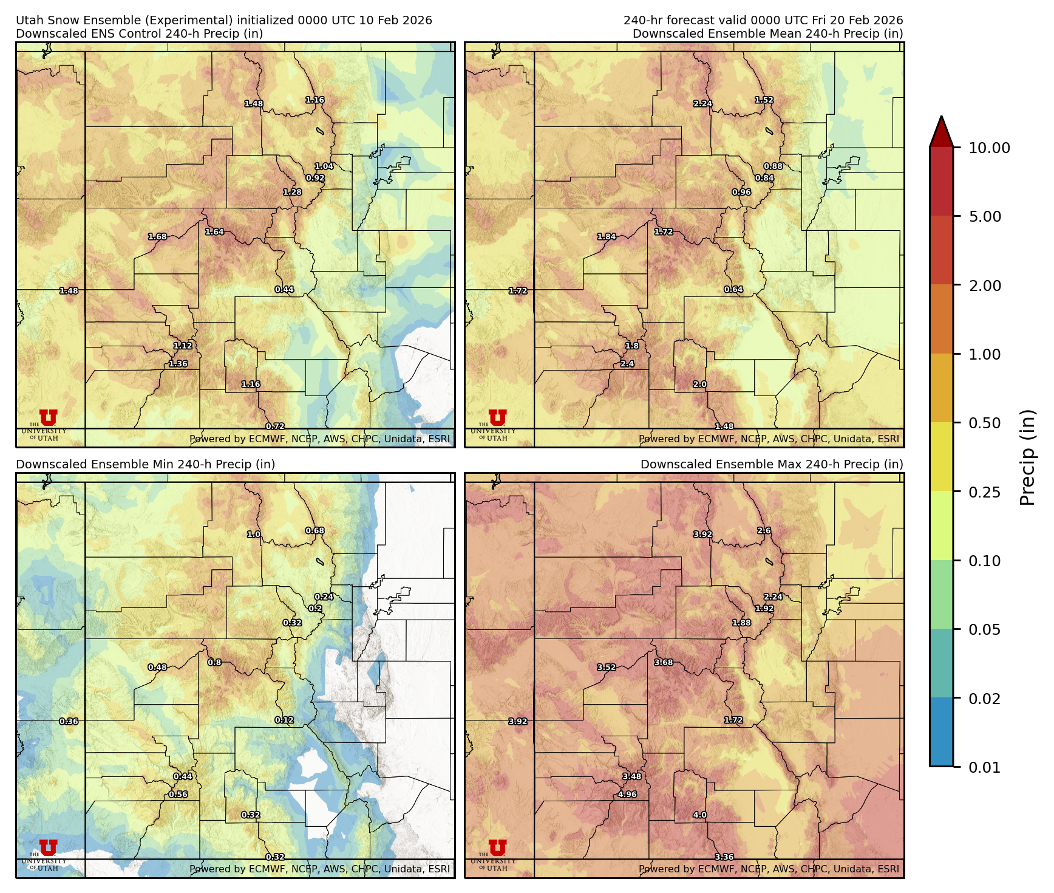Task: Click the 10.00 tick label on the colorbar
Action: point(989,148)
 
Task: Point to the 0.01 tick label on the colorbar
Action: point(984,767)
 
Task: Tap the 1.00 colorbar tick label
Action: point(984,354)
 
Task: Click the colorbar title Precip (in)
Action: point(1027,457)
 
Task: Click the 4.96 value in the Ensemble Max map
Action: point(627,794)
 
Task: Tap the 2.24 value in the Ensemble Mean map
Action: point(702,104)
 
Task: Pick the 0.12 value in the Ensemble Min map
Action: point(284,720)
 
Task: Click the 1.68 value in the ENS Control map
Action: point(157,236)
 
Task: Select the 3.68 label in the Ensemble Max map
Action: point(664,662)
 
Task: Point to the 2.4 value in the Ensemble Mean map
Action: point(627,364)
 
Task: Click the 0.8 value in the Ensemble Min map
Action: point(214,662)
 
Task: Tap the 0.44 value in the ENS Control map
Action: point(284,289)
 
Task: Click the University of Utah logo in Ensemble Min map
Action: point(48,854)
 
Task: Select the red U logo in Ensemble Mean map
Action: point(497,417)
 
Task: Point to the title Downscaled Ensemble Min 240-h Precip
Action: point(145,464)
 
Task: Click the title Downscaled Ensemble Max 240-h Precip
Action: point(772,464)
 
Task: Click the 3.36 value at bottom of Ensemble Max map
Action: point(724,857)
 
